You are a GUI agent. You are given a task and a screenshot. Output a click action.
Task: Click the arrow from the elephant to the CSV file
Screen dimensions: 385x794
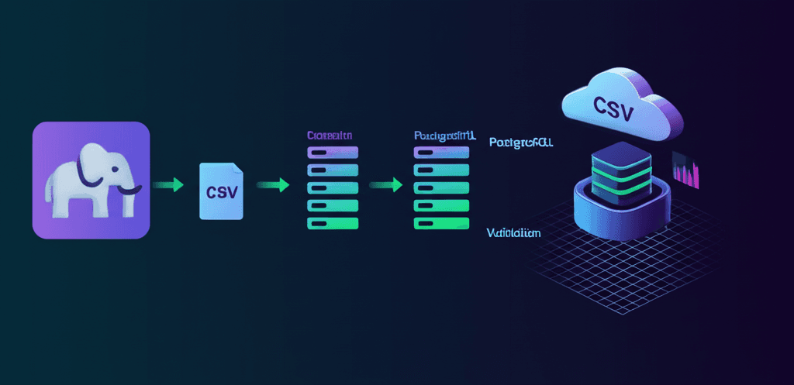[x=168, y=184]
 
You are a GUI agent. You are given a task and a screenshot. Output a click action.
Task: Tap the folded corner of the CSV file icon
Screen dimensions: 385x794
[x=237, y=169]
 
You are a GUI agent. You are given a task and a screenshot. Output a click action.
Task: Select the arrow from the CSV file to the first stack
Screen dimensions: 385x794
[x=273, y=184]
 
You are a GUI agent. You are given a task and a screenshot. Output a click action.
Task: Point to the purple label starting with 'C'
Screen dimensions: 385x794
[x=330, y=135]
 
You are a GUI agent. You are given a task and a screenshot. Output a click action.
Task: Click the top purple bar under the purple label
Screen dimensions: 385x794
[x=333, y=152]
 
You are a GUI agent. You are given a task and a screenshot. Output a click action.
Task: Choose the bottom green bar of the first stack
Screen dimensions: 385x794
[x=333, y=223]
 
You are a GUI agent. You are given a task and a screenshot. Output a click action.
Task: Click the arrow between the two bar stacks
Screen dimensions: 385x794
[x=386, y=184]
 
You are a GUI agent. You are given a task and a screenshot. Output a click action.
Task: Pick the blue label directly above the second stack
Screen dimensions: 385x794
[x=445, y=135]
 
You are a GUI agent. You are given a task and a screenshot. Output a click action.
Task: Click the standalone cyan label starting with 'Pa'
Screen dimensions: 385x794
[x=521, y=143]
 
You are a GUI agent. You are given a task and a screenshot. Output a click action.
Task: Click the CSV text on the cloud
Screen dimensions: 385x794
[x=612, y=108]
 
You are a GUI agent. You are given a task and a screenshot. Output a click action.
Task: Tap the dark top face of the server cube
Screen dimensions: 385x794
[x=618, y=153]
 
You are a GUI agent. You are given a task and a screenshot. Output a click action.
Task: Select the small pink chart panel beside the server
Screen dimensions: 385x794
[x=686, y=170]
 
